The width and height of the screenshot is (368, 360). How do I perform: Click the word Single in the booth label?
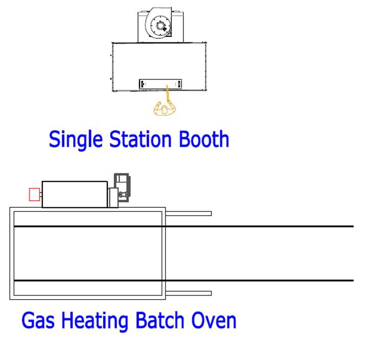pos(76,140)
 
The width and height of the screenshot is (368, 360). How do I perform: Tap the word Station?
pos(141,139)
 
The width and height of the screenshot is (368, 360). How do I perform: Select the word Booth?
pos(204,139)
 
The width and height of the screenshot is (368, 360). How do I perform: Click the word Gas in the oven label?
pos(38,320)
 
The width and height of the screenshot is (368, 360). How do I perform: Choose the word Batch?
pos(160,320)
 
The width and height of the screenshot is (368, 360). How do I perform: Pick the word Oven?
pos(214,320)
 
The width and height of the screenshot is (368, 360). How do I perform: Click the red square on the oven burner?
pos(35,195)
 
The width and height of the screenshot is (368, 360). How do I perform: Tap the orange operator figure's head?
pos(165,109)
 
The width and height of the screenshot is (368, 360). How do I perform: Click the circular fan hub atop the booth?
pos(160,26)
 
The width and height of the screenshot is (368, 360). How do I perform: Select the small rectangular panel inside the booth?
pos(160,84)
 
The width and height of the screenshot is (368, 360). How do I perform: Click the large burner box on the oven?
pos(75,195)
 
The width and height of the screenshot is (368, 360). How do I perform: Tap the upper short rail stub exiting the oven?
pos(189,213)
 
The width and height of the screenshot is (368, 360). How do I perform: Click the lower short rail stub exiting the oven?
pos(189,294)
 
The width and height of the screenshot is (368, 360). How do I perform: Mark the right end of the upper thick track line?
pos(354,226)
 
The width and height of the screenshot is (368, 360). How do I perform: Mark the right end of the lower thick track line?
pos(354,280)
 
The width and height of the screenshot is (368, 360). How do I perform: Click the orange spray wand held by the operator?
pos(168,93)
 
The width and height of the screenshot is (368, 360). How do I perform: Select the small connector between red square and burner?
pos(41,195)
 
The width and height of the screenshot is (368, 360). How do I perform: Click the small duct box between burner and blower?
pos(113,198)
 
